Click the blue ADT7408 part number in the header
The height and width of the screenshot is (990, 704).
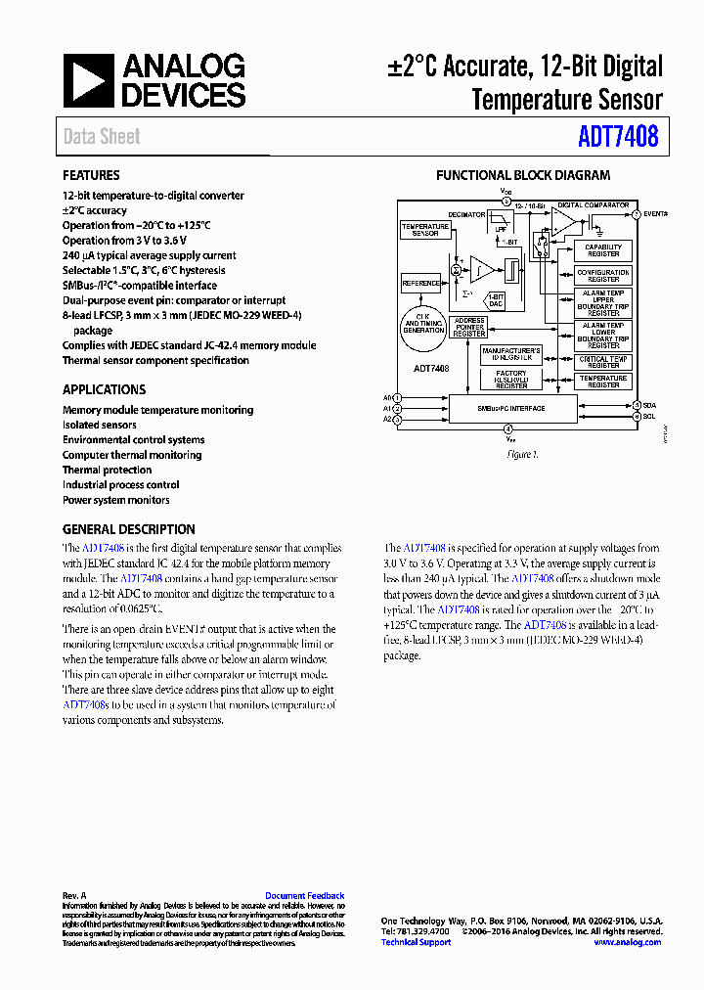tap(618, 136)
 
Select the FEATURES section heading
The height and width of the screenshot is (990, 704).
tap(91, 175)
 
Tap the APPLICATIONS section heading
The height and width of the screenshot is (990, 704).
tap(104, 389)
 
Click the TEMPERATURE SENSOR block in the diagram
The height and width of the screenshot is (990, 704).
tap(425, 230)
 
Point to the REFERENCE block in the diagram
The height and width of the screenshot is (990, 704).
tap(421, 284)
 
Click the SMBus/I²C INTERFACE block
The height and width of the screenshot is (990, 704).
tap(510, 408)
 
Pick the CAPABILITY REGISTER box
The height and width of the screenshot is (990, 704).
tap(603, 250)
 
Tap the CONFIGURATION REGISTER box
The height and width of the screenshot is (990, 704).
tap(603, 275)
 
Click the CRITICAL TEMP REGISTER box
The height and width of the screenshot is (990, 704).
tap(603, 362)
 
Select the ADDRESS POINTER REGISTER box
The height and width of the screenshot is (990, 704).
tap(469, 327)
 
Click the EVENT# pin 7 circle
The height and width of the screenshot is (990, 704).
tap(636, 213)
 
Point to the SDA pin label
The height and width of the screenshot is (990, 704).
tap(650, 404)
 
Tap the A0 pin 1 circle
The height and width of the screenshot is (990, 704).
tap(397, 398)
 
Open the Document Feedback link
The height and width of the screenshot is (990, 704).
tap(304, 895)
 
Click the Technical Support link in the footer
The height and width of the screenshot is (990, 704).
tap(416, 942)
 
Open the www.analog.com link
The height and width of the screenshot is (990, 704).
tap(627, 942)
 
